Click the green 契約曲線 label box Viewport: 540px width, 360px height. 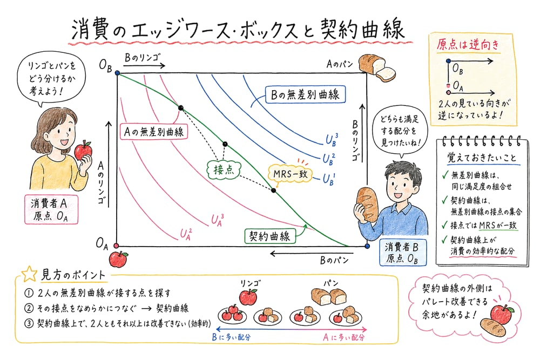[269, 236]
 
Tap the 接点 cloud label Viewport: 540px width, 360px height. [224, 169]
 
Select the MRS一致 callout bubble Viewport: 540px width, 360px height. [290, 174]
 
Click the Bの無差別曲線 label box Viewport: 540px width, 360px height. [305, 94]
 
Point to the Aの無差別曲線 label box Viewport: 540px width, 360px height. [153, 132]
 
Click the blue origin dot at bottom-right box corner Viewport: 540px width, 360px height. [367, 246]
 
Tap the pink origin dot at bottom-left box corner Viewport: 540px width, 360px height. [116, 246]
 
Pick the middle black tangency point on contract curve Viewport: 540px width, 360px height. [225, 144]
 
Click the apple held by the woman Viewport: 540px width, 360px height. [83, 150]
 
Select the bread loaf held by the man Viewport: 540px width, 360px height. [367, 204]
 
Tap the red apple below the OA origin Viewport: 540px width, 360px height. [118, 259]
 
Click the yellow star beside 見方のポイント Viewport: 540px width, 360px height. [29, 274]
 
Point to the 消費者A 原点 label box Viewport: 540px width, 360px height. [51, 209]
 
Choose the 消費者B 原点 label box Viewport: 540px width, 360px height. [403, 253]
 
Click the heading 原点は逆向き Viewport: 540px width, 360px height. [468, 44]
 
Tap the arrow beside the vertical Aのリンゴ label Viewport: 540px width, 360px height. [109, 164]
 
